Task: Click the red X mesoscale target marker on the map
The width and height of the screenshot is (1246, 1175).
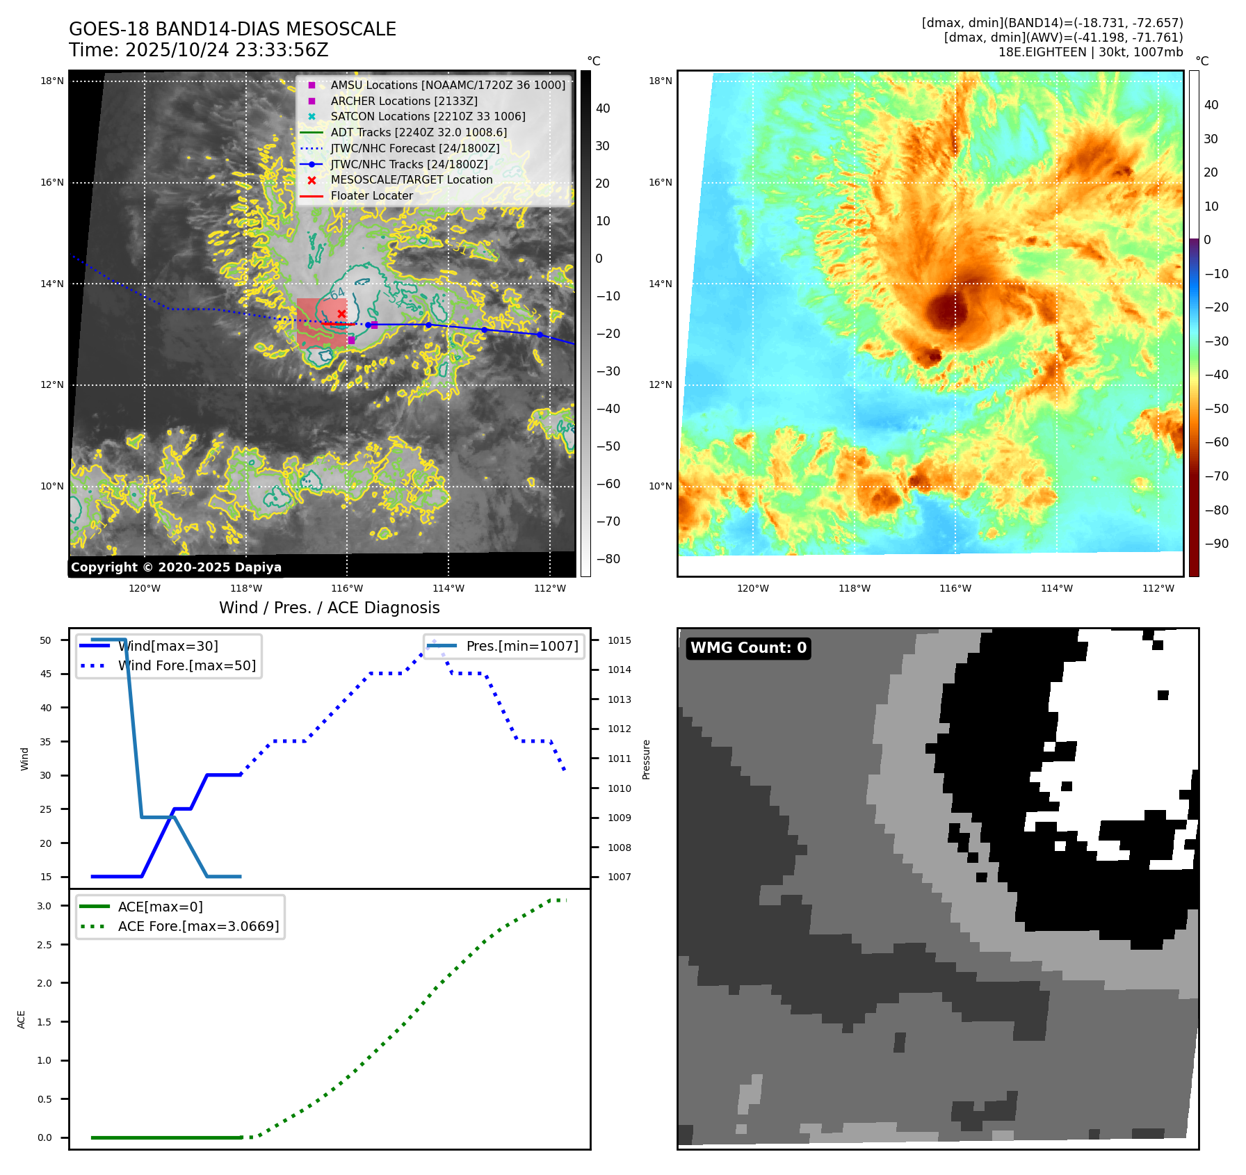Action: tap(341, 314)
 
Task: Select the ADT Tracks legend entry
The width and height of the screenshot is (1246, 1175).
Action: tap(419, 132)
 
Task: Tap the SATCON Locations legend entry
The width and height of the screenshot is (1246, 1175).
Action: tap(428, 117)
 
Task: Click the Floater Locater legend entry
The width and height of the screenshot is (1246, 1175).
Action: tap(371, 196)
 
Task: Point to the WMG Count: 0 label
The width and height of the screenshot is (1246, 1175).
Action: tap(748, 648)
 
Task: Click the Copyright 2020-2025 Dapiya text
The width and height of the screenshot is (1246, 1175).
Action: tap(176, 567)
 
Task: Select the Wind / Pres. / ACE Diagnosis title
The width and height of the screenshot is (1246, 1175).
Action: tap(329, 608)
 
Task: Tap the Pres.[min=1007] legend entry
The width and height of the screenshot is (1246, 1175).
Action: tap(521, 647)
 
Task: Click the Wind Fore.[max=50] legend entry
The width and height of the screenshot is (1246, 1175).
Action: tap(186, 666)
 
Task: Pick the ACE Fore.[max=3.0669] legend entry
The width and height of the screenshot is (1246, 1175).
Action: tap(198, 927)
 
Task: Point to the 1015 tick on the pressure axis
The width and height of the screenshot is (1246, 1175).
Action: tap(619, 640)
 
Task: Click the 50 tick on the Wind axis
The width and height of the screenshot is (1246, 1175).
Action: tap(45, 640)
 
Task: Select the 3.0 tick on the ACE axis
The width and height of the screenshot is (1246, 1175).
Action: tap(44, 906)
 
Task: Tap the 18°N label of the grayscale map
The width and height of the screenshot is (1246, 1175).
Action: tap(51, 81)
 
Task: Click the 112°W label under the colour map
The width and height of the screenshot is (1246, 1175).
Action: tap(1158, 589)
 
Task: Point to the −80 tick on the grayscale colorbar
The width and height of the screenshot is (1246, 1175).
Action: tap(608, 559)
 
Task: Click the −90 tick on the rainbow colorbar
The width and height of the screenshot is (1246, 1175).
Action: tap(1216, 544)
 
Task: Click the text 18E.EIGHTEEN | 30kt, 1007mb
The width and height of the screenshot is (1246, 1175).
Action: tap(1090, 52)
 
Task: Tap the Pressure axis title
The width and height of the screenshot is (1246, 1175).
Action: tap(646, 759)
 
